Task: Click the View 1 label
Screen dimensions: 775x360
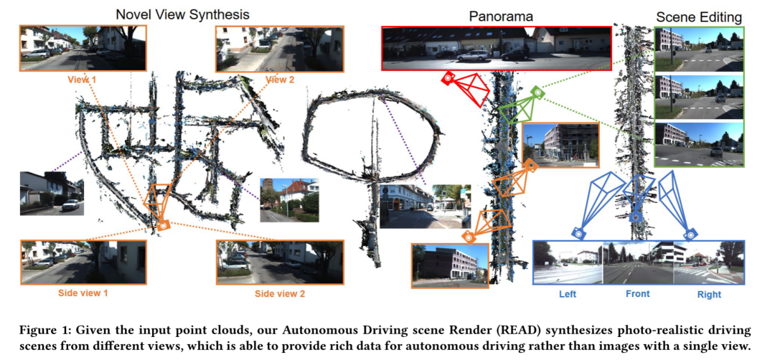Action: (83, 80)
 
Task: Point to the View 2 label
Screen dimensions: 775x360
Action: (280, 80)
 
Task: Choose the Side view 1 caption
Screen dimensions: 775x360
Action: (84, 294)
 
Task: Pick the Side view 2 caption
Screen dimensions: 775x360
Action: (280, 294)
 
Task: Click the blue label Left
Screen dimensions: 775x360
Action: (567, 294)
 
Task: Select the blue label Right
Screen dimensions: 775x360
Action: (708, 294)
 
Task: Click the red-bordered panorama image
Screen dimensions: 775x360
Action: (496, 48)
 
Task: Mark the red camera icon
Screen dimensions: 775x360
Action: (448, 78)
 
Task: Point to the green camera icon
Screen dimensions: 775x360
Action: (537, 93)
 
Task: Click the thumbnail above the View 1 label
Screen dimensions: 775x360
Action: (83, 48)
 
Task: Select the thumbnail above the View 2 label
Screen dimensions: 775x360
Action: (280, 48)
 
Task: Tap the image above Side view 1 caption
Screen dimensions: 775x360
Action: (84, 262)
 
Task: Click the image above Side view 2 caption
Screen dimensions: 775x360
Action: (280, 262)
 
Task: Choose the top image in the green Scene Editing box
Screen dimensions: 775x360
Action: (700, 49)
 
